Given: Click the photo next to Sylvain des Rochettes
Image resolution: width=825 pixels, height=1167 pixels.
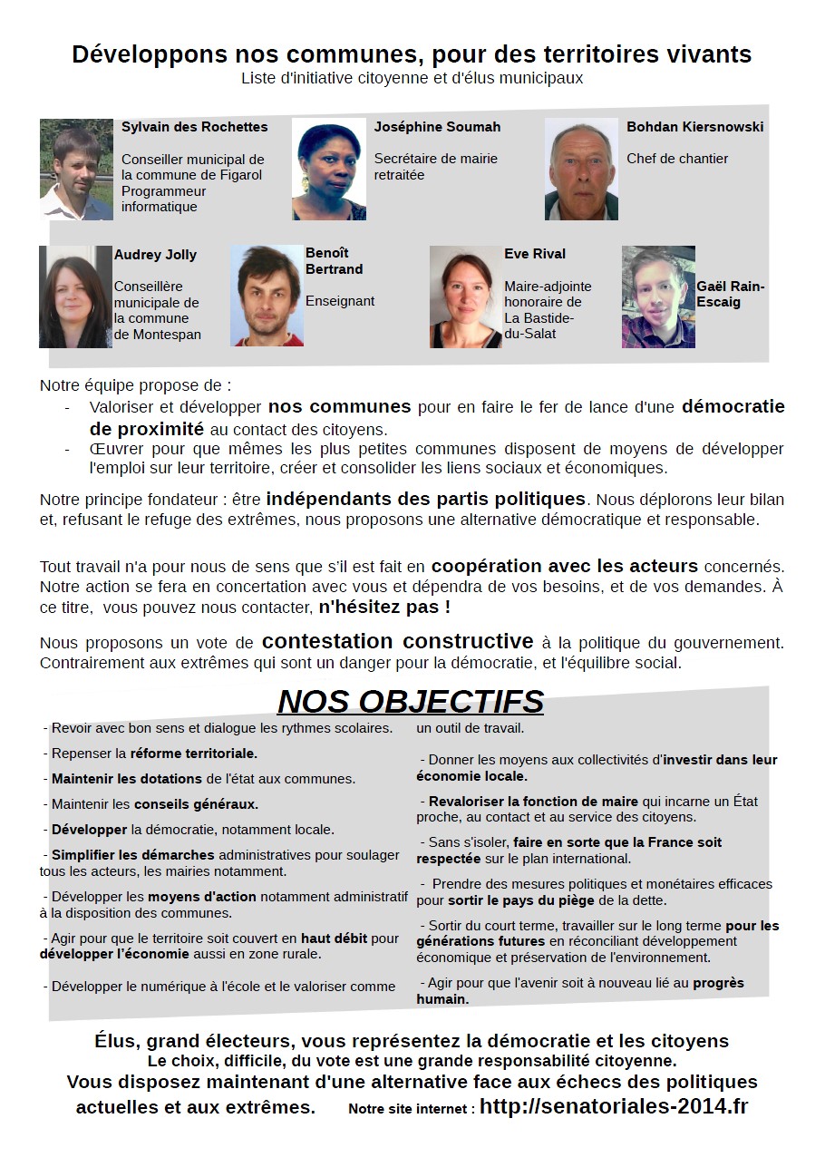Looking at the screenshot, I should tap(76, 169).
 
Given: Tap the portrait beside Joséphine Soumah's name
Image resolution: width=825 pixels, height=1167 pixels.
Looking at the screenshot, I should tap(328, 169).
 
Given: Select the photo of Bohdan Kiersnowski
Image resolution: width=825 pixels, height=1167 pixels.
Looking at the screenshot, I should tap(581, 169).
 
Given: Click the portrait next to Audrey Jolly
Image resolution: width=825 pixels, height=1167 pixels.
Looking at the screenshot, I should tap(75, 297).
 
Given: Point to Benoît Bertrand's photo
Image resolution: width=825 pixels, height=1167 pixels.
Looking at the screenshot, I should tap(267, 296).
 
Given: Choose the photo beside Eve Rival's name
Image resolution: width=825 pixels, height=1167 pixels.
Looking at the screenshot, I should tap(465, 297).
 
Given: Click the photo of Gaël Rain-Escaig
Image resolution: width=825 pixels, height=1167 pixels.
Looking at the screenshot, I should tap(658, 297).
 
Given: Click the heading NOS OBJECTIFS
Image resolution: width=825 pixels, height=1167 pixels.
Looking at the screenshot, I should tap(410, 702).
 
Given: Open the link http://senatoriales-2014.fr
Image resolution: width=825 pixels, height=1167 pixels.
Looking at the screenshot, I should tap(614, 1106).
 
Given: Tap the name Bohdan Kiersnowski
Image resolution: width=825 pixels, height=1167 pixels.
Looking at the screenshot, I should tap(694, 127).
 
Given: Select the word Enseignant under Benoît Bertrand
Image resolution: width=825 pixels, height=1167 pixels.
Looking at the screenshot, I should tap(340, 301).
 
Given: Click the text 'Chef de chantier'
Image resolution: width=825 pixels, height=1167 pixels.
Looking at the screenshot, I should tap(677, 159).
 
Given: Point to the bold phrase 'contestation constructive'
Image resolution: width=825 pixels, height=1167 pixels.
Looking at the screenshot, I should tap(397, 642).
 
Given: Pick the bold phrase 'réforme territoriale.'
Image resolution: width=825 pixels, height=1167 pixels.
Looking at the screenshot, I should tap(193, 753).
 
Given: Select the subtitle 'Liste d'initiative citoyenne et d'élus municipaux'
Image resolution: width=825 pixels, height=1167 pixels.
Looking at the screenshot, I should tap(412, 79).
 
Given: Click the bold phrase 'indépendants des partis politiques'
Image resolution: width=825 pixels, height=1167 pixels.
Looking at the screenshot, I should tap(425, 499).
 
